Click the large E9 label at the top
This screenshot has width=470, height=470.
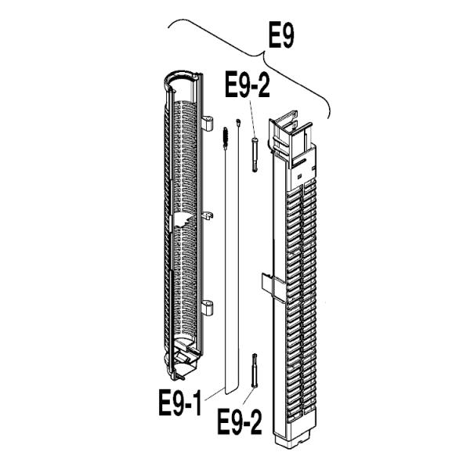coord(281,36)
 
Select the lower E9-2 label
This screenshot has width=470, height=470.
coord(240,423)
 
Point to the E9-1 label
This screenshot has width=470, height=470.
coord(180,403)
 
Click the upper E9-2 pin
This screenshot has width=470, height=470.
coord(255,155)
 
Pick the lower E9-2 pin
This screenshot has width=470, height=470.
coord(255,371)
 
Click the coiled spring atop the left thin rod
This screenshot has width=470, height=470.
coord(226,138)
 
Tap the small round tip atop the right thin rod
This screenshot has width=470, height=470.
coord(238,122)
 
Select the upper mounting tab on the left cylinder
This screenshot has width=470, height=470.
coord(207,123)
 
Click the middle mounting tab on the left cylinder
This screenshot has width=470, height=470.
coord(208,215)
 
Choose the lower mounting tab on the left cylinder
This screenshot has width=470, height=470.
coord(207,307)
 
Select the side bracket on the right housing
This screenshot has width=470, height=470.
coord(273,285)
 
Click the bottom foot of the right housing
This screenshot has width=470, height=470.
coord(294,439)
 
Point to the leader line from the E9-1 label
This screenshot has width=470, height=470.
coord(214,394)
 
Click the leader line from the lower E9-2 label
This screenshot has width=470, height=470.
coord(248,396)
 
